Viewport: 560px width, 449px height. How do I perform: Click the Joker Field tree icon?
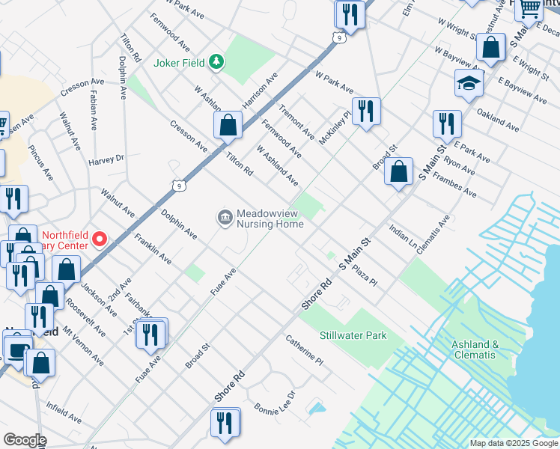(216, 61)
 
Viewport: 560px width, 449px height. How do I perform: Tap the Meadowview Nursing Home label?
(270, 219)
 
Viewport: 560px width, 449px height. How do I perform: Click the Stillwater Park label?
(353, 335)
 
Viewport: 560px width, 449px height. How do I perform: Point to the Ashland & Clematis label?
(475, 349)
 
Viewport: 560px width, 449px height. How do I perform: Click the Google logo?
(25, 440)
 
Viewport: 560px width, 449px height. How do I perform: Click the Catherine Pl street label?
(303, 349)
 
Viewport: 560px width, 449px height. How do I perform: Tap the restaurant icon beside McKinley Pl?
(366, 112)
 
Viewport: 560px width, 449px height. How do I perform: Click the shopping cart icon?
(529, 8)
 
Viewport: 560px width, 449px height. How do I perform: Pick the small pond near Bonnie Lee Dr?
(317, 409)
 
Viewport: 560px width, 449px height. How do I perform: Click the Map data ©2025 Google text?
(513, 443)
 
